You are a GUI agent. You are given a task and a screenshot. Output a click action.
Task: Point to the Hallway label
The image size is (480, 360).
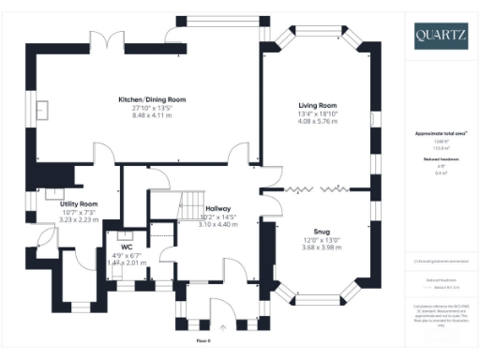(x=218, y=209)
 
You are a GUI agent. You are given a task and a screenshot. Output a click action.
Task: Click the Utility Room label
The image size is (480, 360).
(x=79, y=203)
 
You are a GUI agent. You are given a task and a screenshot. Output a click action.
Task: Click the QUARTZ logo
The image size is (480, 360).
(x=442, y=37)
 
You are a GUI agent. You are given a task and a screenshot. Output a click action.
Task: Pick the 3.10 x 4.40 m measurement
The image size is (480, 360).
(x=218, y=224)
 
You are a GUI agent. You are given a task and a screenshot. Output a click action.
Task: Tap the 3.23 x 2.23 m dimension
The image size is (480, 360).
(x=79, y=218)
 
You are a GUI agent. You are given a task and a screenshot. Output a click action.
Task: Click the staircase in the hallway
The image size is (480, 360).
(x=192, y=201)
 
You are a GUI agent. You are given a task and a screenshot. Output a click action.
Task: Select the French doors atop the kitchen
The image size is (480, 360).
(x=111, y=41)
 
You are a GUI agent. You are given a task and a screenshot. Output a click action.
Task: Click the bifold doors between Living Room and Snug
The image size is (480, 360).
(x=315, y=188)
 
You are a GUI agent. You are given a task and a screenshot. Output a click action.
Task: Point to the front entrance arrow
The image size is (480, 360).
(x=222, y=327)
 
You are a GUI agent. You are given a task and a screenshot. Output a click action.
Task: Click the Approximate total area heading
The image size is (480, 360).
(x=441, y=134)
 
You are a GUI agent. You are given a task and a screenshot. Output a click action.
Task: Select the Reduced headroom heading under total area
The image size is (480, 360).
(x=441, y=159)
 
